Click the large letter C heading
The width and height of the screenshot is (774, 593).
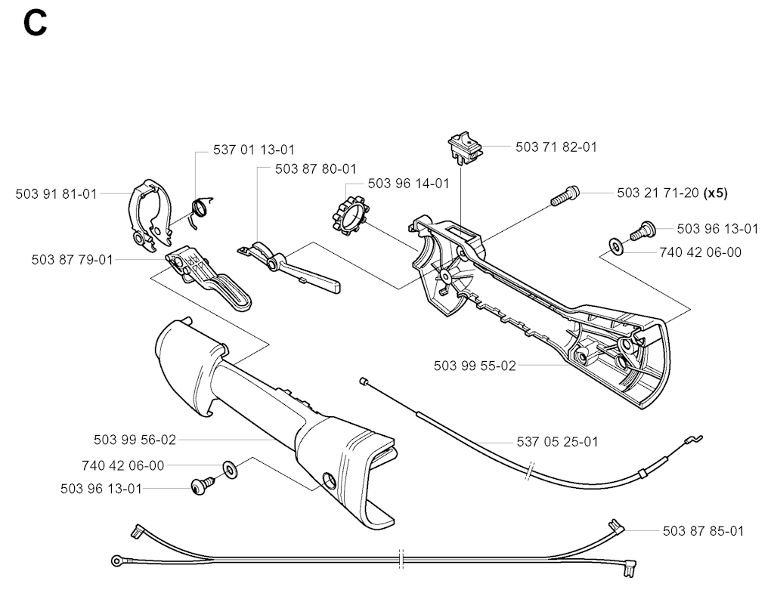pos(35,23)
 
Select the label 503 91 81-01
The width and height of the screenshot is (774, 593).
pos(56,194)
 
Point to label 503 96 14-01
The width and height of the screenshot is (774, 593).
pos(408,184)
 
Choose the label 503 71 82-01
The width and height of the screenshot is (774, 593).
pos(556,147)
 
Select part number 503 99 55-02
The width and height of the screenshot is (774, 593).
pos(475,366)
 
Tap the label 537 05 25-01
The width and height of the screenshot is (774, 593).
pos(556,441)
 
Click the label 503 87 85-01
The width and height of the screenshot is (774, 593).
pos(703,531)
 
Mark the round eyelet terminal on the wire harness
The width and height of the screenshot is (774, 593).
pos(117,561)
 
